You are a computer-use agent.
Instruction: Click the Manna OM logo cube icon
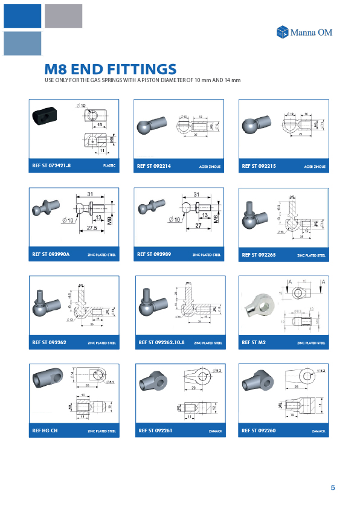pos(282,32)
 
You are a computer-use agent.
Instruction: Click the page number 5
pos(333,488)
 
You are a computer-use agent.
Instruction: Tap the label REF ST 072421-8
pos(51,165)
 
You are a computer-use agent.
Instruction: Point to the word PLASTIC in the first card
pos(109,166)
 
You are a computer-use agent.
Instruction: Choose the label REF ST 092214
pos(154,165)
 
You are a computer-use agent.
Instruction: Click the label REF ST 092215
pos(259,165)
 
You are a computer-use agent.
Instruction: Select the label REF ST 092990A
pos(51,255)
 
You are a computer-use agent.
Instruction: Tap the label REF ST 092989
pos(154,255)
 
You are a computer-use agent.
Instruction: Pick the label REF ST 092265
pos(259,255)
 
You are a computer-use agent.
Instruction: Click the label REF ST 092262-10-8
pos(161,342)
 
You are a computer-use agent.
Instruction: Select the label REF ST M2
pos(254,342)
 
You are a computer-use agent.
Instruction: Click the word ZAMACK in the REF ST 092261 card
pos(214,432)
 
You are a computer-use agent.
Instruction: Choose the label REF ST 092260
pos(259,431)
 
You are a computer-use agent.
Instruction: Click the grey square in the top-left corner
pos(63,16)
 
